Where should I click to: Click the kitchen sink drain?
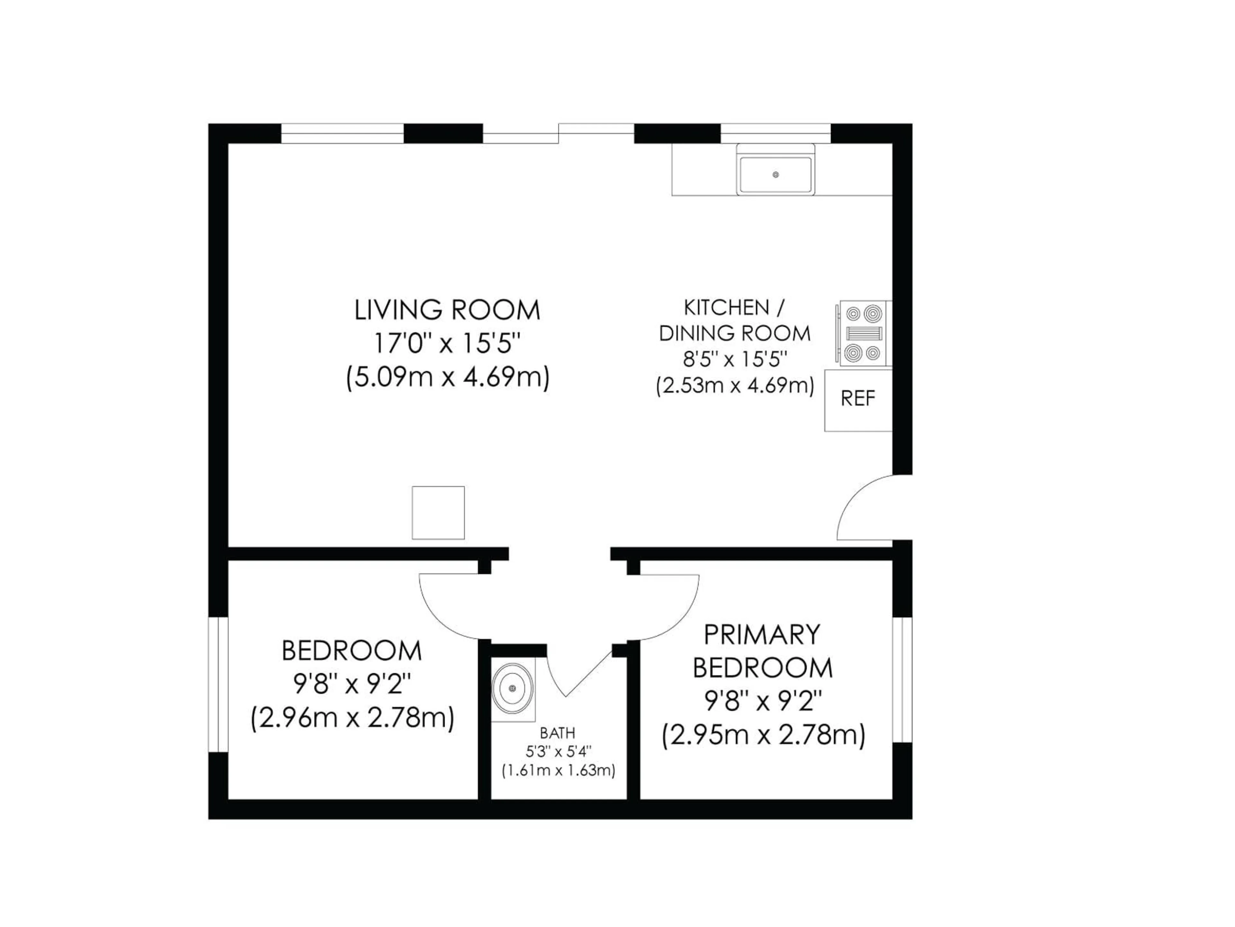(775, 175)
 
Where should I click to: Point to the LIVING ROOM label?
(447, 310)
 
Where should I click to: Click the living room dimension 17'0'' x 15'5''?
(447, 344)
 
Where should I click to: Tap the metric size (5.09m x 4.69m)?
(447, 378)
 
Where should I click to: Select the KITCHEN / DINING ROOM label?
(735, 320)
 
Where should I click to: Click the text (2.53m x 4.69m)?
(735, 386)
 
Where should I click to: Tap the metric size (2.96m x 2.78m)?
(352, 718)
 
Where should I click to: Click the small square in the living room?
(438, 513)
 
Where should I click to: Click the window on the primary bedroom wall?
(902, 679)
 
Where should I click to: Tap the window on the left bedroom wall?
(218, 685)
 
